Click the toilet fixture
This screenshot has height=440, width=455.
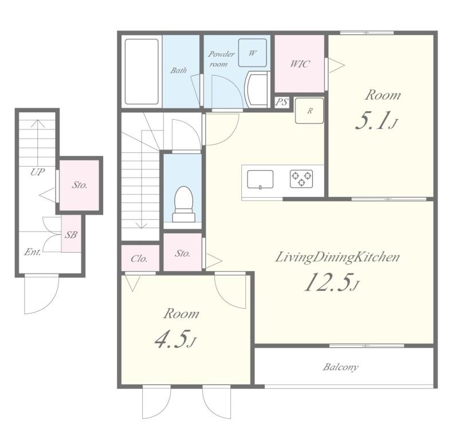(184, 204)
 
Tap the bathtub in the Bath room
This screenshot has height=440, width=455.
(142, 72)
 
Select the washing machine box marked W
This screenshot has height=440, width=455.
(253, 53)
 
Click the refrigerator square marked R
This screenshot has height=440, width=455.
(309, 111)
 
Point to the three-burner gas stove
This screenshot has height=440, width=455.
(301, 178)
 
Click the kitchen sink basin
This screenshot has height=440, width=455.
(260, 179)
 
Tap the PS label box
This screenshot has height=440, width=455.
(281, 102)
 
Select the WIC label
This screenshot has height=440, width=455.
(300, 64)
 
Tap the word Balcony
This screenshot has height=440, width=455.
(340, 367)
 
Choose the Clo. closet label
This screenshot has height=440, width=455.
(139, 259)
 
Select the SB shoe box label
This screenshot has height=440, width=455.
(71, 234)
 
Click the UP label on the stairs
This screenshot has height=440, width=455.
(38, 172)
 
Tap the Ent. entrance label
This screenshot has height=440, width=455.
(33, 252)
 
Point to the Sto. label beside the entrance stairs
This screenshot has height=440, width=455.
(80, 184)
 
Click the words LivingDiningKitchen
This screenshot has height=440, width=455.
(337, 258)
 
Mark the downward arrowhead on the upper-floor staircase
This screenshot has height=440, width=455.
(142, 226)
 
